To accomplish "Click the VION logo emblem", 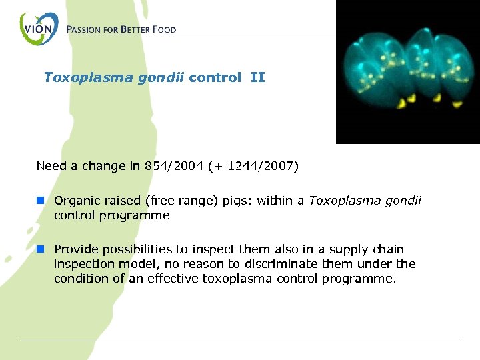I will click(x=39, y=29).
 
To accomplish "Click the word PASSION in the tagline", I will click(x=85, y=29).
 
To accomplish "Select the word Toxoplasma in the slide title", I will click(x=80, y=77).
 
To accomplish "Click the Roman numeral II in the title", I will click(x=257, y=77).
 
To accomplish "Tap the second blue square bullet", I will click(x=41, y=249).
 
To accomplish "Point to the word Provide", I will click(x=75, y=249).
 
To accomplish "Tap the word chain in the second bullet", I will click(x=389, y=249).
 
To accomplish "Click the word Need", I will click(x=50, y=166).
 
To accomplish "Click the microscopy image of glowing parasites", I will click(x=407, y=72).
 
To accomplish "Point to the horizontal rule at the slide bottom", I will click(x=240, y=341).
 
